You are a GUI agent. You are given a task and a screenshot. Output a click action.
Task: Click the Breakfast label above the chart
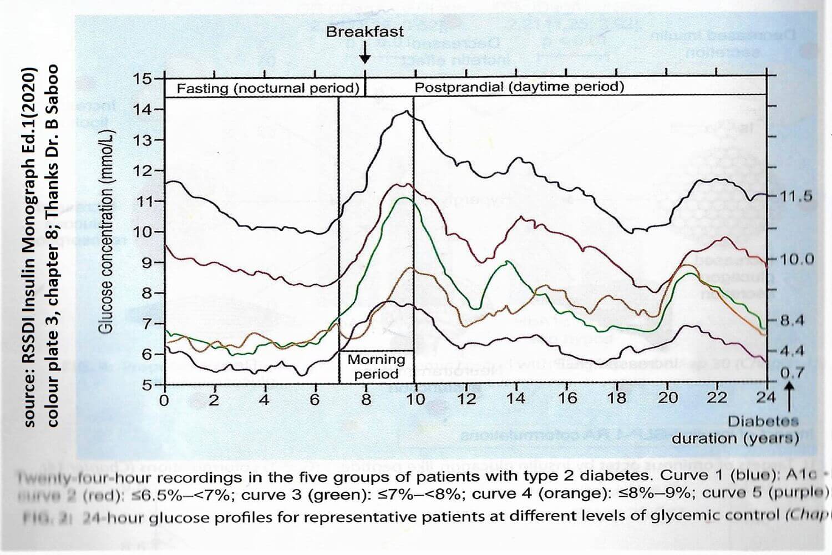tap(364, 32)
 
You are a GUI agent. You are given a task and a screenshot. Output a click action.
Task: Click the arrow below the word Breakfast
tap(364, 53)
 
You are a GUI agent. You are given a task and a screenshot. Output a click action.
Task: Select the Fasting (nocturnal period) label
tap(268, 88)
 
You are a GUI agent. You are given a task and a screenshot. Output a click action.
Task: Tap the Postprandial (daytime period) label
tap(519, 87)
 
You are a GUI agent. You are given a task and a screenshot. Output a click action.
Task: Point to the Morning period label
tap(376, 366)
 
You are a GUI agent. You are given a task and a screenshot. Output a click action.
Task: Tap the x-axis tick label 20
tap(668, 398)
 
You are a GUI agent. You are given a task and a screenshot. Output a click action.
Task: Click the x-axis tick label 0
tap(164, 400)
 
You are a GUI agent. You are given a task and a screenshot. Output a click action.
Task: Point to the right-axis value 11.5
tap(796, 196)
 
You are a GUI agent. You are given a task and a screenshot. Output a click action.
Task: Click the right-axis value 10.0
tap(796, 259)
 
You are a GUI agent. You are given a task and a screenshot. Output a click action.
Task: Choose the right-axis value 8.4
tap(792, 320)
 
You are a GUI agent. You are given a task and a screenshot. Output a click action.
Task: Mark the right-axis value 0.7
tap(792, 373)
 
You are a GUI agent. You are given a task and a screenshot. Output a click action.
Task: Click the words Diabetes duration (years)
tap(735, 430)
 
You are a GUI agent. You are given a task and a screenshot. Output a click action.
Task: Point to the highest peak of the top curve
tap(407, 112)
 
